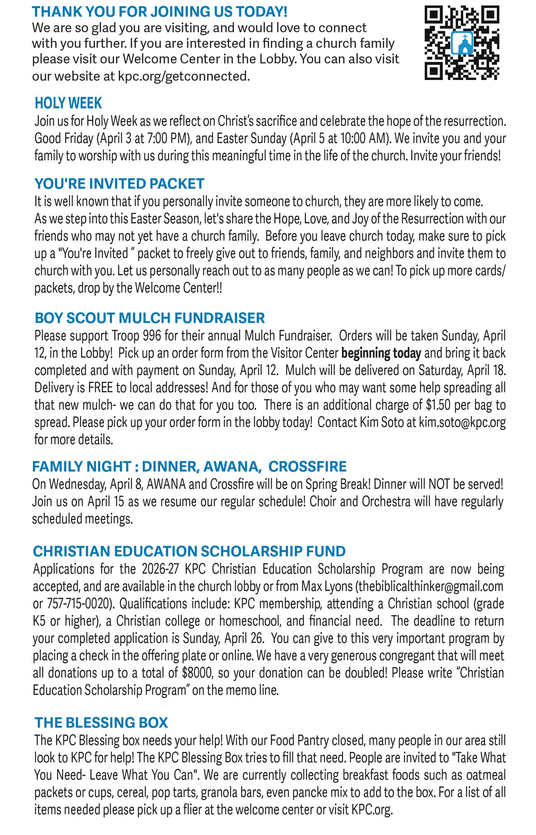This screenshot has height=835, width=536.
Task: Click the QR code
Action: click(x=462, y=42)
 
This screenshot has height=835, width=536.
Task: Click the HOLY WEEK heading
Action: click(x=68, y=103)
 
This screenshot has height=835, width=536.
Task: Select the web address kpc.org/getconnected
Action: click(x=184, y=76)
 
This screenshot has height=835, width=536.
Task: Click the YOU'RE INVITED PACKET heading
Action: click(x=119, y=184)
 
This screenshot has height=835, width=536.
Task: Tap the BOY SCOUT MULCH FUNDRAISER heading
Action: click(x=150, y=318)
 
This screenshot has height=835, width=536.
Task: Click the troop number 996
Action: click(x=152, y=336)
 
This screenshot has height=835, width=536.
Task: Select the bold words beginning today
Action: click(x=381, y=353)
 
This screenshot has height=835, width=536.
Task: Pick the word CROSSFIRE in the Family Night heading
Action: click(x=307, y=467)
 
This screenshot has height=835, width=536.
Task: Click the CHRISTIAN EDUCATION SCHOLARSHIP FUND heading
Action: click(x=189, y=552)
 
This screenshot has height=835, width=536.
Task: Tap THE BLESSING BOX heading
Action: click(x=101, y=723)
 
